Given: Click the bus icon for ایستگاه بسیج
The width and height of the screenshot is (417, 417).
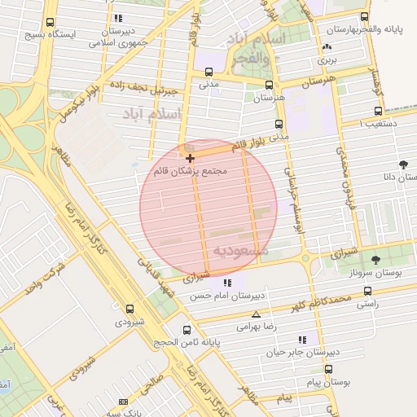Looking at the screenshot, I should coord(52,23).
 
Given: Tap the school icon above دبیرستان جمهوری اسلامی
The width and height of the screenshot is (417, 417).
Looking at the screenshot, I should coord(119,18).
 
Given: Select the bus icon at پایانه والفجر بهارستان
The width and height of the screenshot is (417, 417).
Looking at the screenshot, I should coord(364,17).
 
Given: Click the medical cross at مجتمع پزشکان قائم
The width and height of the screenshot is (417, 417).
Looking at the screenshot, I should coord(190,157).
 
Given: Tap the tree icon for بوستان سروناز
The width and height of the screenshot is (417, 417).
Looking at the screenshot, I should coord(375,261).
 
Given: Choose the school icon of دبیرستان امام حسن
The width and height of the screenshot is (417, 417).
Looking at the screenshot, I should coord(227,283).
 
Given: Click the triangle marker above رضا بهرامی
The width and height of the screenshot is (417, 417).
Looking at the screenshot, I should coord(257,314).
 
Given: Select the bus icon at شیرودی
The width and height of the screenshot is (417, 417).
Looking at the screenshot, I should coord(129,309).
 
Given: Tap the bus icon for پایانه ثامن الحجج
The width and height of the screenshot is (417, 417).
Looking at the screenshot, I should coord(188,330).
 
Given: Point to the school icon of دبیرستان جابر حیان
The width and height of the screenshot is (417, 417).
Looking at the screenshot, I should coord(303,340).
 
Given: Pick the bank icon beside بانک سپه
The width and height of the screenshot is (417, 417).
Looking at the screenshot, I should coord(123,402).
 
